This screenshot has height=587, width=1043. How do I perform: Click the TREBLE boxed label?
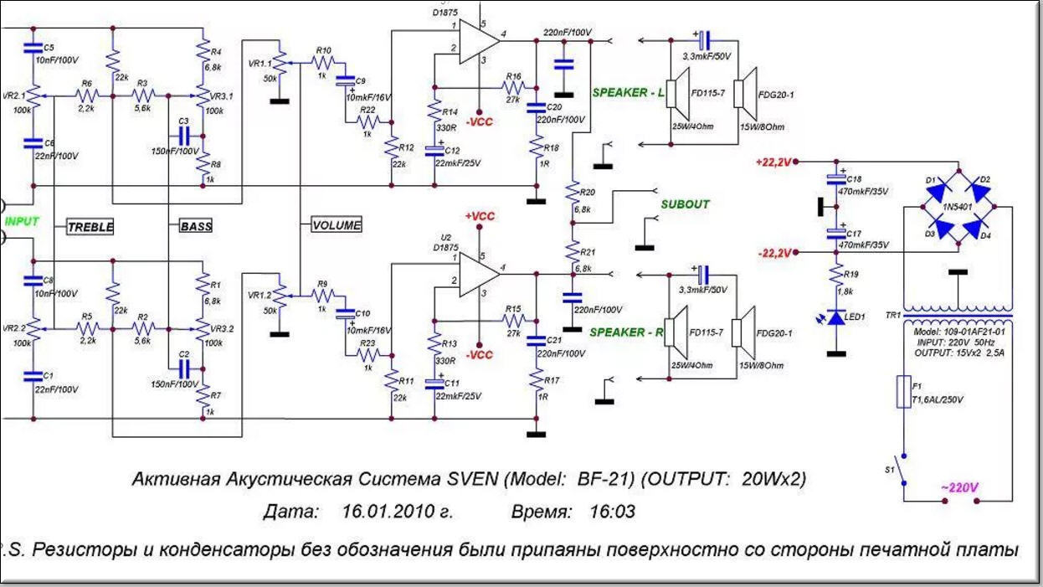point(90,227)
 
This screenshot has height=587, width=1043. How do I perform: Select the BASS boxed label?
point(196,226)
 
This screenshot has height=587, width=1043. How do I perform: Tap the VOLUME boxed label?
point(337,224)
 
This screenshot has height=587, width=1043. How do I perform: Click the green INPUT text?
point(23,221)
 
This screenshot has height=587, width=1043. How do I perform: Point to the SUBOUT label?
point(685,204)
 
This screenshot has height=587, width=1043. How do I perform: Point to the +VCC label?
point(480,216)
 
